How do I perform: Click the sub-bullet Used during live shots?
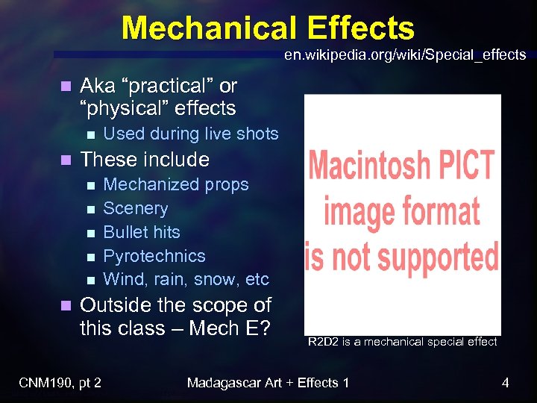click(x=190, y=134)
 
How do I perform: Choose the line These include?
click(x=144, y=159)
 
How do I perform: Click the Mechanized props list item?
click(x=175, y=184)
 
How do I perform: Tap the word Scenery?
click(x=135, y=208)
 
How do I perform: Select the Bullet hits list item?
click(x=142, y=232)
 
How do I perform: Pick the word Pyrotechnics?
click(x=154, y=256)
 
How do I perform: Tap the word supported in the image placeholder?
click(x=424, y=255)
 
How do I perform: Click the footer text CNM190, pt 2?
click(x=60, y=384)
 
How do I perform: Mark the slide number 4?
click(x=505, y=384)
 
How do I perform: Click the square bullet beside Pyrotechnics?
click(x=90, y=257)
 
